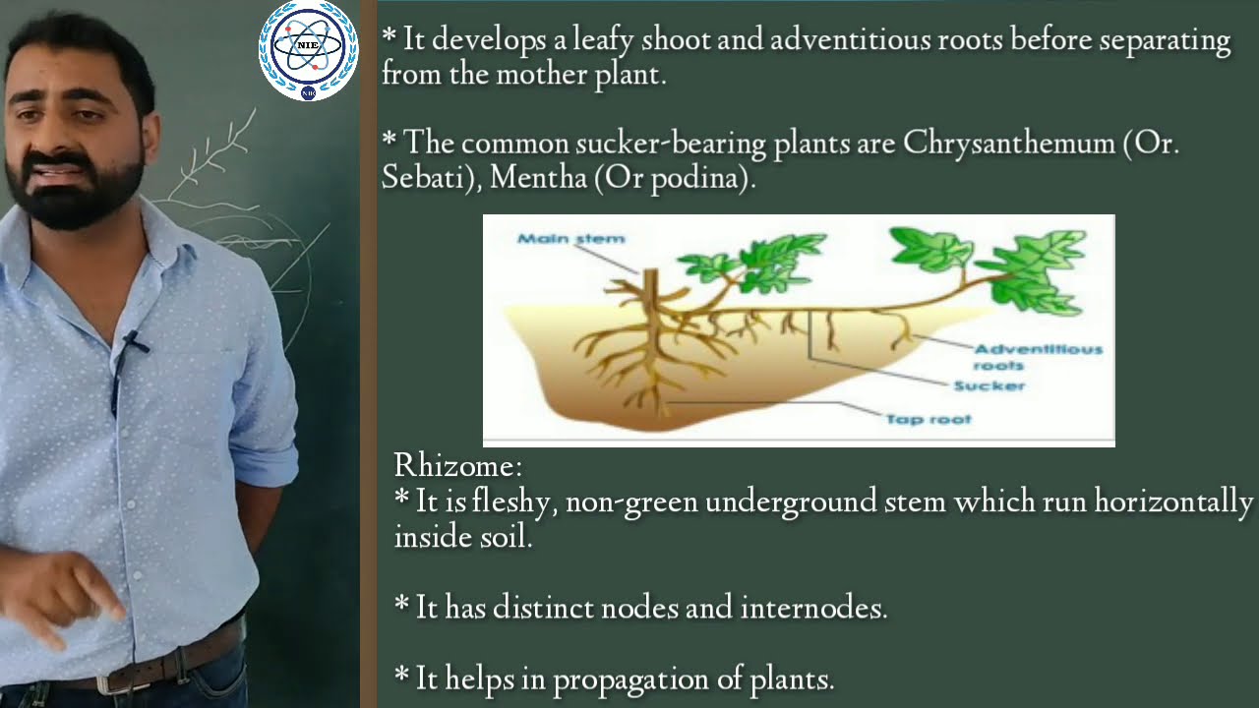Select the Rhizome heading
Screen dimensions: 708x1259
(x=457, y=465)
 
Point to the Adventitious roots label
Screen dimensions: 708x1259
(x=1037, y=356)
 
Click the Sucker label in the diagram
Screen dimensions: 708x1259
(x=989, y=385)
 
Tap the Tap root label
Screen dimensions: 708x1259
(x=928, y=419)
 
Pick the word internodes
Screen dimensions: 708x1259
(x=812, y=608)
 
